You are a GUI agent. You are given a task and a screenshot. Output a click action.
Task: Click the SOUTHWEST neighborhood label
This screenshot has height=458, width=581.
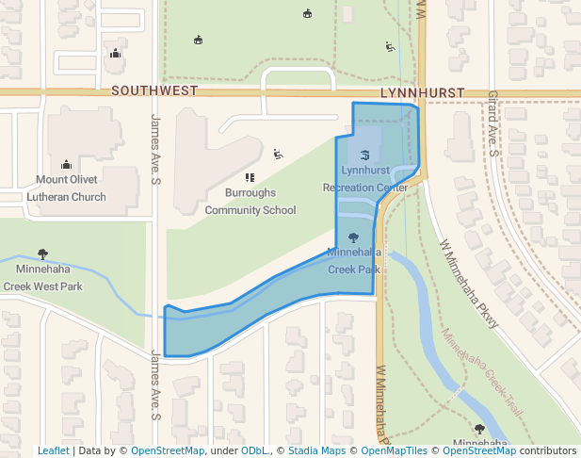154,91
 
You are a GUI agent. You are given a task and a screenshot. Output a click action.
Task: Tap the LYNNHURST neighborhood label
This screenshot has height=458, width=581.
423,91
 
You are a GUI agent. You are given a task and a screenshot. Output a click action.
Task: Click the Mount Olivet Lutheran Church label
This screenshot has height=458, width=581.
71,188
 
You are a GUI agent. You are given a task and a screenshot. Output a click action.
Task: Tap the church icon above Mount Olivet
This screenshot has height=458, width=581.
66,164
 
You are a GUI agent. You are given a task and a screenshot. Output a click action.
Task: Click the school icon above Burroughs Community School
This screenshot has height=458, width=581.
250,177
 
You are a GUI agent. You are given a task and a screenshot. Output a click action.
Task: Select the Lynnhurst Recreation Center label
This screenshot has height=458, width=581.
365,179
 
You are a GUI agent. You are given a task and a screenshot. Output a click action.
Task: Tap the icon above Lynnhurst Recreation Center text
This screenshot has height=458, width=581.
364,154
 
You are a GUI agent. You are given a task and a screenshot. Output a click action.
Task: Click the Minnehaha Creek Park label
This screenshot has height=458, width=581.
354,260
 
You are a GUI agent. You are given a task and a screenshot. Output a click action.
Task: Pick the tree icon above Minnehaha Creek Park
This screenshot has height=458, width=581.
353,237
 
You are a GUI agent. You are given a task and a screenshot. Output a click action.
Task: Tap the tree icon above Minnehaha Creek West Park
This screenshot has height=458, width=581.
42,254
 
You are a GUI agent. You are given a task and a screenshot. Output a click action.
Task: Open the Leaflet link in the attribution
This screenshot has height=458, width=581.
54,450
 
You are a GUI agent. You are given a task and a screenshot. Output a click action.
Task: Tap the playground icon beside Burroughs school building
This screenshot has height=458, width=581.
277,154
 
